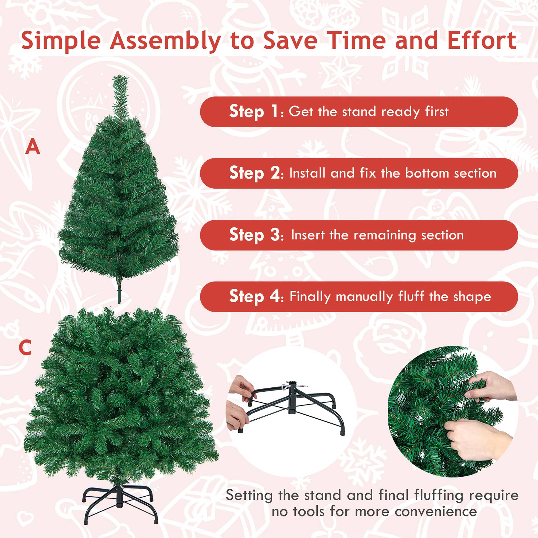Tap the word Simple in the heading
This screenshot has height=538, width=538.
point(61,40)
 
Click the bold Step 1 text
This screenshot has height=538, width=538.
point(253,112)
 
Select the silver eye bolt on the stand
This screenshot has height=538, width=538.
point(284,387)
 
